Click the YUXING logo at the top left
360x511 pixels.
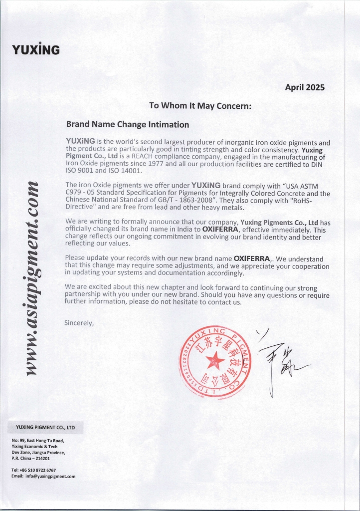click(x=35, y=50)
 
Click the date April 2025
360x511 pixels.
click(x=304, y=87)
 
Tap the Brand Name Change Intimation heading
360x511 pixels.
click(x=127, y=124)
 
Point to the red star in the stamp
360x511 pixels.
click(x=215, y=359)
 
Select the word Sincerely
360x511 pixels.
click(x=79, y=323)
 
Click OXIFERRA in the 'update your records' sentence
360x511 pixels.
click(x=252, y=259)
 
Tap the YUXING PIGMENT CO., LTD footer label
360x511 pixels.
click(x=45, y=428)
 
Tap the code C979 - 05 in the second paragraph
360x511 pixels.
click(x=81, y=193)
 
